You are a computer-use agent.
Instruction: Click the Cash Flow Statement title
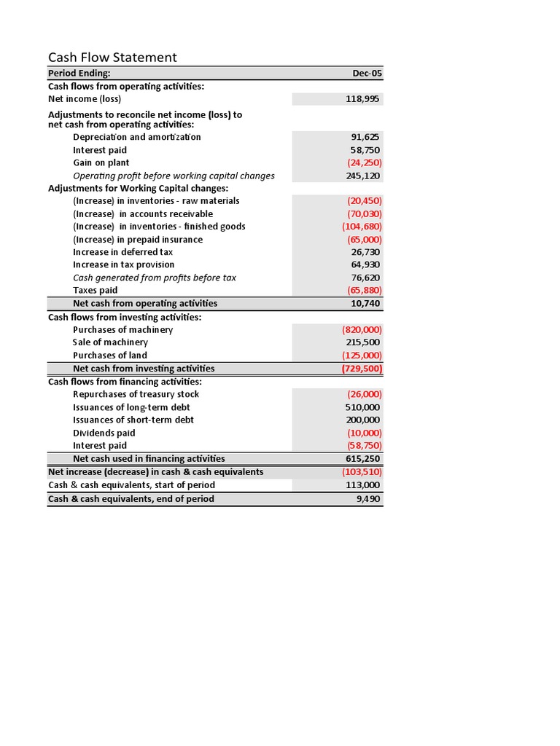click(112, 58)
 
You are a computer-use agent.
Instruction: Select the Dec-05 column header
click(367, 74)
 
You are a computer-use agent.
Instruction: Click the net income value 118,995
click(362, 99)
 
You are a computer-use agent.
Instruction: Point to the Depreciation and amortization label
click(137, 137)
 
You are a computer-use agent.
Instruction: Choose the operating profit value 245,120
click(362, 176)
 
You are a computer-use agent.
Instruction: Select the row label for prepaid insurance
click(138, 240)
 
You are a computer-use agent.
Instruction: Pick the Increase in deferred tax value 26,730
click(365, 252)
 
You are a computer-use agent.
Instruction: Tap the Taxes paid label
click(96, 291)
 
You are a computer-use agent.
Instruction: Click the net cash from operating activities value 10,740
click(365, 304)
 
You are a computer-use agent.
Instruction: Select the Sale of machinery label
click(110, 342)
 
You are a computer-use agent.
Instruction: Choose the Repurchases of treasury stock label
click(136, 395)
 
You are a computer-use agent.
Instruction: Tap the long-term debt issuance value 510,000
click(362, 407)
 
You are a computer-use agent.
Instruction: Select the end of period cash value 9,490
click(368, 499)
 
